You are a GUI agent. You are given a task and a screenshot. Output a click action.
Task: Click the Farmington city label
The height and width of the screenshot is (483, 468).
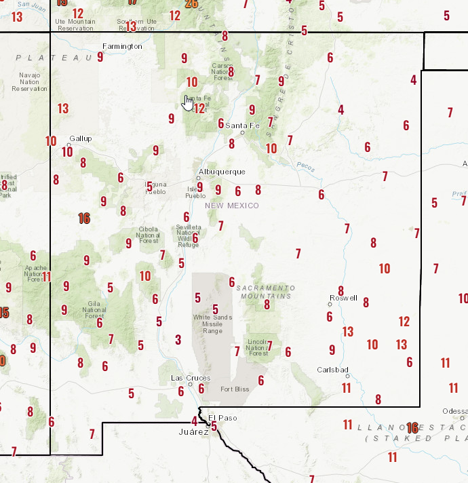(x=122, y=46)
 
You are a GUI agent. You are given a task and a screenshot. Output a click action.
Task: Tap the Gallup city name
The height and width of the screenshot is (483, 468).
(x=80, y=138)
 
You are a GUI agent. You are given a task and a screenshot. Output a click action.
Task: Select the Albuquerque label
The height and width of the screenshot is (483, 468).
(x=222, y=172)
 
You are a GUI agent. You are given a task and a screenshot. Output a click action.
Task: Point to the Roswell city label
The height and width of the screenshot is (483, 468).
(x=343, y=298)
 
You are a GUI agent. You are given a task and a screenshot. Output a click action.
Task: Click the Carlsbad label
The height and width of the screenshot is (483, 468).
(x=332, y=370)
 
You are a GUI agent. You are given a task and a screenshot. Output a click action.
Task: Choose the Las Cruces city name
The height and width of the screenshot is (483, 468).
(x=191, y=378)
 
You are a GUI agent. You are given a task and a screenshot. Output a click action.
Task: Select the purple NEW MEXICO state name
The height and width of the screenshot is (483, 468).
(x=232, y=206)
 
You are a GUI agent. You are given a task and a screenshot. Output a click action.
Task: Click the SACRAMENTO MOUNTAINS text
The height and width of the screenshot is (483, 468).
(x=265, y=292)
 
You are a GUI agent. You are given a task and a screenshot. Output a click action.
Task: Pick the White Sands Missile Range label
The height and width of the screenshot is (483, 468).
(x=212, y=324)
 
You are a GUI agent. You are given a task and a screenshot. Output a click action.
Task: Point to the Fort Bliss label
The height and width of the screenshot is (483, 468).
(x=235, y=389)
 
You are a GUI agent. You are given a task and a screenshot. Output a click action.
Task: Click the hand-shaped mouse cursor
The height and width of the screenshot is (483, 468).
(x=189, y=102)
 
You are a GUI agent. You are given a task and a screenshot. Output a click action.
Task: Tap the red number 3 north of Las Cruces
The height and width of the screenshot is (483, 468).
(x=178, y=340)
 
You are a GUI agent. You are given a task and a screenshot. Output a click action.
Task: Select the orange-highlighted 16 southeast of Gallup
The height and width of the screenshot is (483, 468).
(x=84, y=218)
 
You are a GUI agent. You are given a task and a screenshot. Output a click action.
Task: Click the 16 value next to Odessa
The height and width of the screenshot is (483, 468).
(x=412, y=427)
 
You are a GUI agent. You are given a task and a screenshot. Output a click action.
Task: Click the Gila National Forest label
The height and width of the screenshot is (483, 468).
(x=94, y=310)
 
